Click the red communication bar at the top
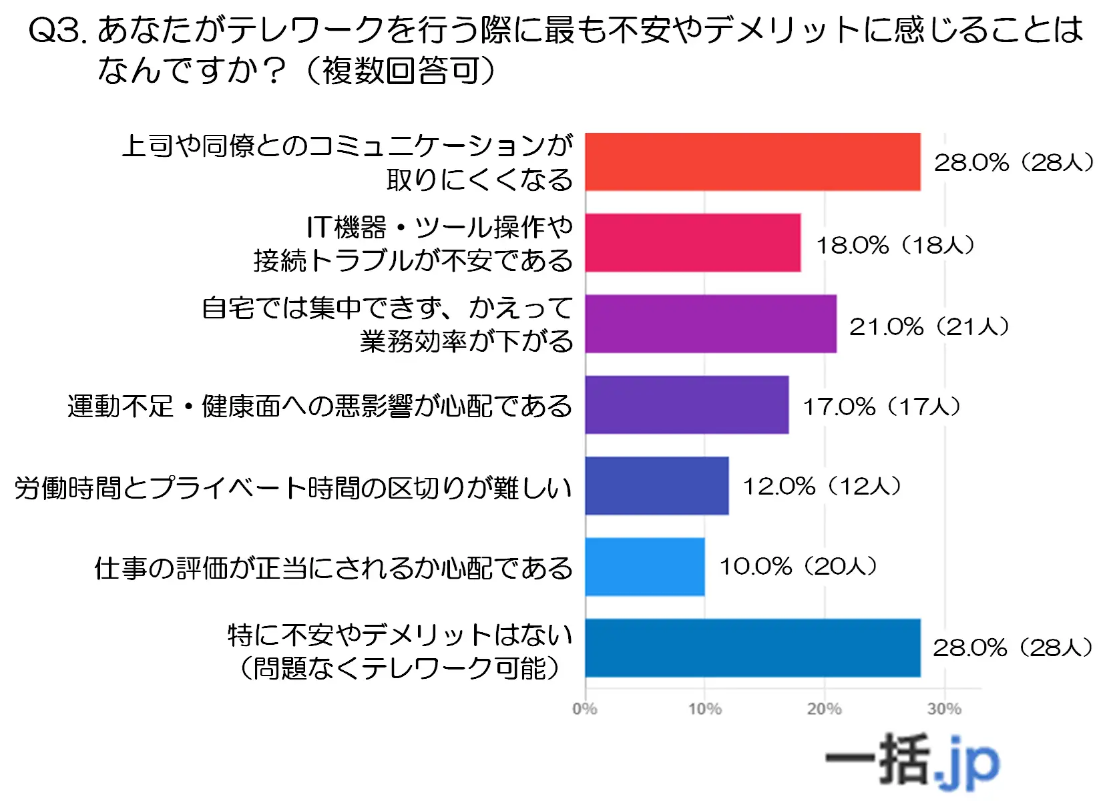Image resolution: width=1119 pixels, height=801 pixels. (752, 162)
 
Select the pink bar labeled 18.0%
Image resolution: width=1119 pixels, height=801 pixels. (692, 243)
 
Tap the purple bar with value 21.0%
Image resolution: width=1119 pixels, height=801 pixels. (710, 324)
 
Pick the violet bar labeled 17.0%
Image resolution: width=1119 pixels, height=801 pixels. (686, 405)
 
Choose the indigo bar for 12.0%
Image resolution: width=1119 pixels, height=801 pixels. (656, 486)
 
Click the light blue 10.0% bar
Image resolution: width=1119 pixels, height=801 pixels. (644, 567)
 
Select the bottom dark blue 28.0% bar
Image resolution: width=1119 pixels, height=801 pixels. (752, 647)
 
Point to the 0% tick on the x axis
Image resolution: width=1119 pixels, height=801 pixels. (585, 709)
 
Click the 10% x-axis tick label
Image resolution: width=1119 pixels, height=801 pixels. (705, 709)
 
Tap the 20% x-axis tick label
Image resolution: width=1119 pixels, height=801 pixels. (825, 709)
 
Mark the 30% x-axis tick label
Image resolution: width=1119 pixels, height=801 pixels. (944, 709)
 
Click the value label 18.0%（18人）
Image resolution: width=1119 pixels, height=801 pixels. (895, 245)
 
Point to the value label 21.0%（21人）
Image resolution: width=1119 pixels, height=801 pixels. (929, 326)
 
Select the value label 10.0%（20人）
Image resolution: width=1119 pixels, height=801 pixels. (798, 567)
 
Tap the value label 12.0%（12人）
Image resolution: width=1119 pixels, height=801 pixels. (822, 486)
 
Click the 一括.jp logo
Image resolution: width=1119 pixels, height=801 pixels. (912, 761)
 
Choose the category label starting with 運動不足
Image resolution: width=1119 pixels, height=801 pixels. (320, 406)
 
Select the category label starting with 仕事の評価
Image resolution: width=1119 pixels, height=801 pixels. (333, 568)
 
